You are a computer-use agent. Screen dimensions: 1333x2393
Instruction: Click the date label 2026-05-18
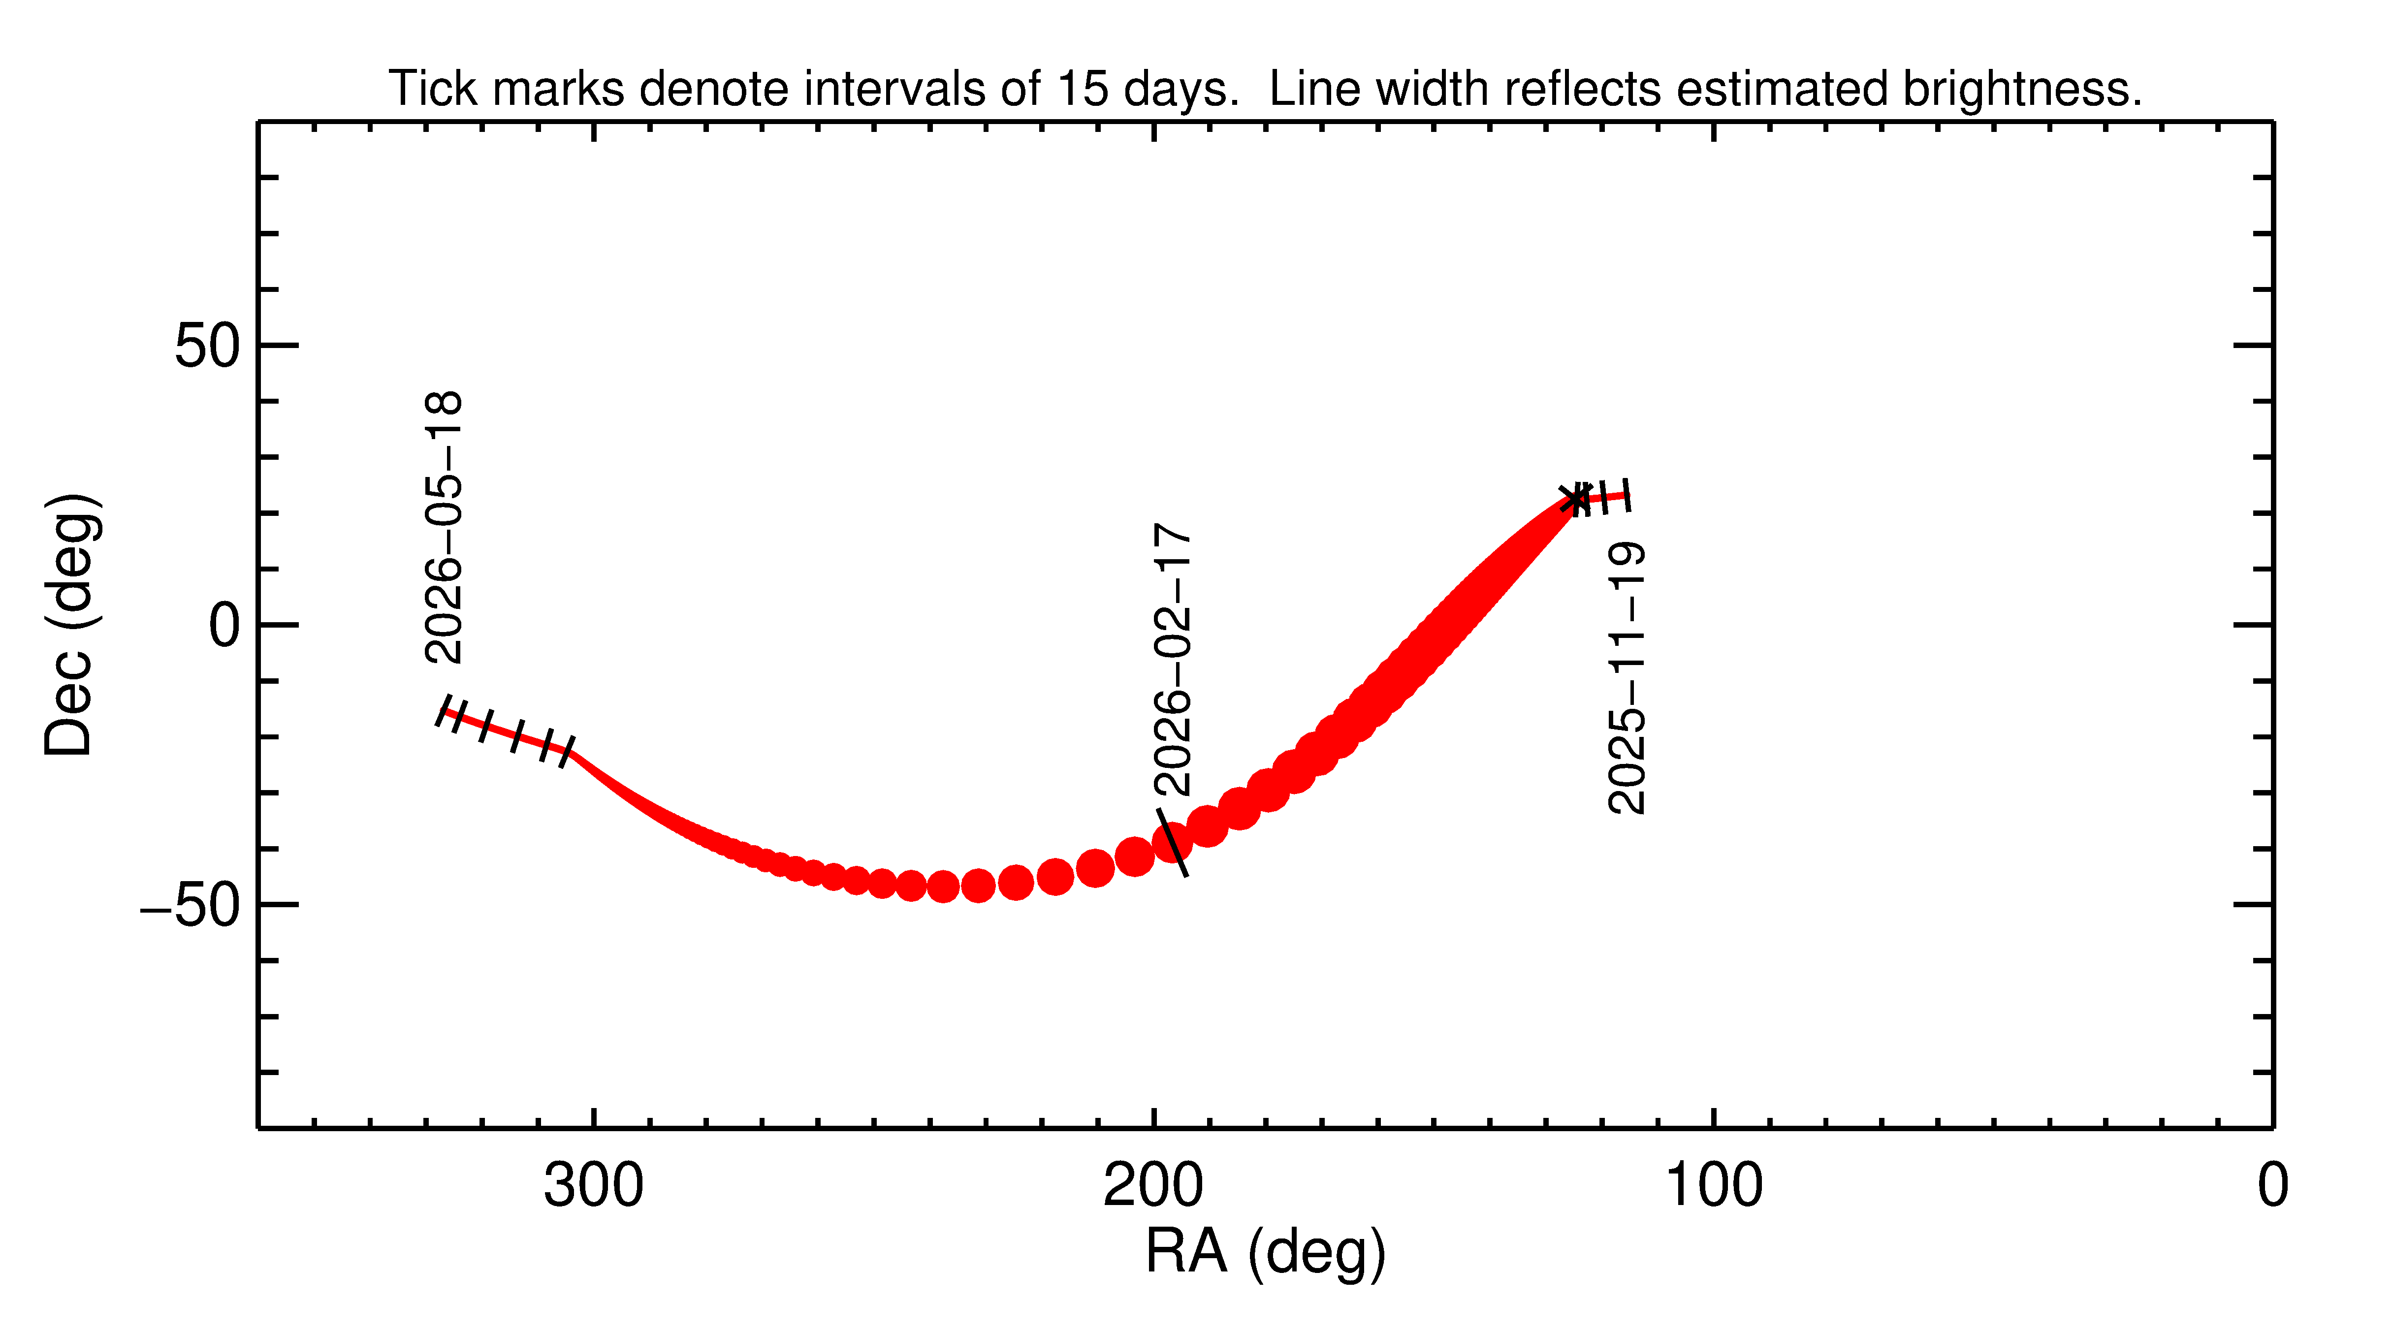[443, 527]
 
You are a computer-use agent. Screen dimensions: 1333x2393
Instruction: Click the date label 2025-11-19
[1627, 678]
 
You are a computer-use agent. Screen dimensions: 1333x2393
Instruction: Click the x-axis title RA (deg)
[1265, 1252]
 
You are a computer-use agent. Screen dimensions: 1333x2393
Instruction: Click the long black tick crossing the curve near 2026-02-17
[1172, 842]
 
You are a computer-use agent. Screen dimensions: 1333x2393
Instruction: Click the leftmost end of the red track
[443, 712]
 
